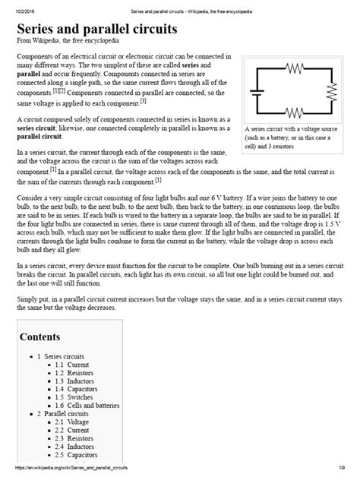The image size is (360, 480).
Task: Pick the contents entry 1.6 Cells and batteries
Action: [x=90, y=410]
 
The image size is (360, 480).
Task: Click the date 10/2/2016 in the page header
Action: [x=16, y=5]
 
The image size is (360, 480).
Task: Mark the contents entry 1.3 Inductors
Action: [x=77, y=383]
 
